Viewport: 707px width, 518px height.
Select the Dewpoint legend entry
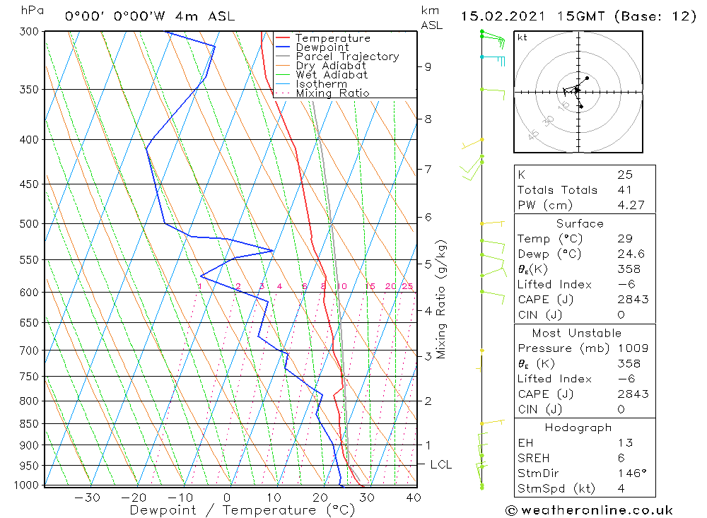click(322, 47)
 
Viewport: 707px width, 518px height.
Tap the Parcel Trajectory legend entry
click(347, 57)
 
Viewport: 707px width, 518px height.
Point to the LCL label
click(440, 465)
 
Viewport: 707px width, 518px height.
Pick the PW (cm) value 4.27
click(627, 206)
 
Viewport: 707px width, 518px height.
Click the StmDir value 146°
click(628, 473)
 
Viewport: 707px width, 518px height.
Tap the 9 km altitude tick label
click(428, 66)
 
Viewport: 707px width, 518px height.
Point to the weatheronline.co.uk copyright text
click(589, 510)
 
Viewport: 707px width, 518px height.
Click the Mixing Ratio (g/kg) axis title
click(441, 299)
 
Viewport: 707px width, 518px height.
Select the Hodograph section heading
click(579, 428)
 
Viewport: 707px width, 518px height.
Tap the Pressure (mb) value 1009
click(629, 348)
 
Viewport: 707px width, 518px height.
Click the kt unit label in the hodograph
click(522, 37)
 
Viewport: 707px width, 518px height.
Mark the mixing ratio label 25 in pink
click(407, 286)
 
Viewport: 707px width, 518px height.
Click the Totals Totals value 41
click(624, 190)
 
